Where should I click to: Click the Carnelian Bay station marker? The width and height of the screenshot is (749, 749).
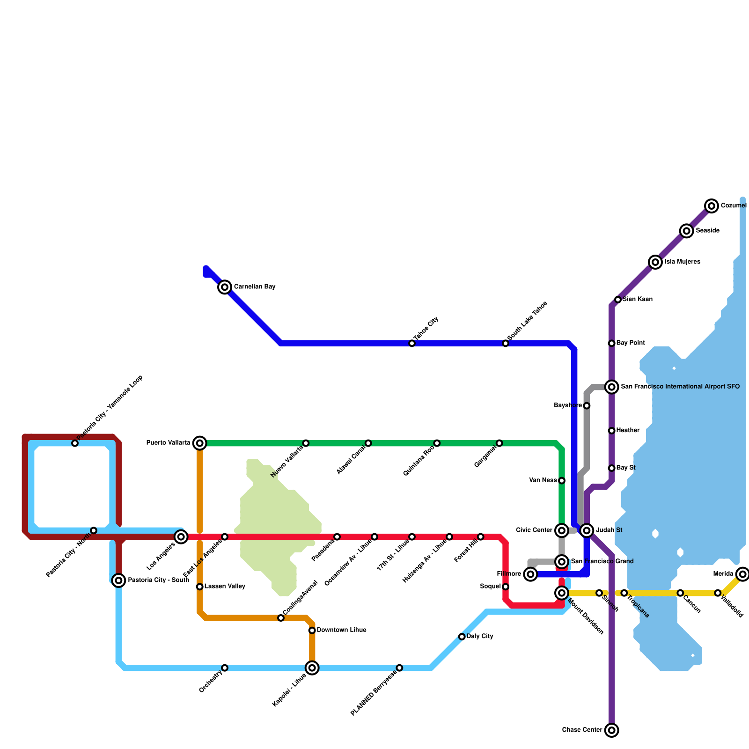[x=225, y=287]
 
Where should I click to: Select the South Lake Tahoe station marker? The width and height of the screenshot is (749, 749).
[x=506, y=344]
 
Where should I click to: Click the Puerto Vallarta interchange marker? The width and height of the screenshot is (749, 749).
[x=200, y=443]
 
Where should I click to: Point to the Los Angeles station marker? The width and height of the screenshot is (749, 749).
[x=181, y=536]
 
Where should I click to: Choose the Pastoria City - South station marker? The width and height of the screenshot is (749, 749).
[x=119, y=580]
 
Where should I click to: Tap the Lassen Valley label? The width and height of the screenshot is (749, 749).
[x=225, y=587]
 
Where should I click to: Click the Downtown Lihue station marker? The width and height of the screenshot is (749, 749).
[x=312, y=631]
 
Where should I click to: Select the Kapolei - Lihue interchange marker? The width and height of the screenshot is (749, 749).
[x=312, y=668]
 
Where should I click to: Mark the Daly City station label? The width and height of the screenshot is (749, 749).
[x=480, y=637]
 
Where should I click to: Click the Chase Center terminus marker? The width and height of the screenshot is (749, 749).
[x=611, y=730]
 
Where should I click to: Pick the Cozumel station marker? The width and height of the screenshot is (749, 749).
[x=712, y=206]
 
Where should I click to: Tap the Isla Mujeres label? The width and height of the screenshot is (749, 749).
[x=682, y=262]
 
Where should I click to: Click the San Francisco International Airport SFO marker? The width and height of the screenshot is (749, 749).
[x=611, y=387]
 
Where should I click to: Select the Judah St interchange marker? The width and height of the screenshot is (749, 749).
[x=587, y=530]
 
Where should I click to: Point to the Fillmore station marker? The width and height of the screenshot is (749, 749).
[x=530, y=574]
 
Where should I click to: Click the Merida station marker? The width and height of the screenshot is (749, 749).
[x=742, y=574]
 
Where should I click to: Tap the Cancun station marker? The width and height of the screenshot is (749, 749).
[x=680, y=593]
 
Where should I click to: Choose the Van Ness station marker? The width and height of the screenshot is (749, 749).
[x=562, y=481]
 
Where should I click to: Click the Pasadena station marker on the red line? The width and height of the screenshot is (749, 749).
[x=337, y=536]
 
